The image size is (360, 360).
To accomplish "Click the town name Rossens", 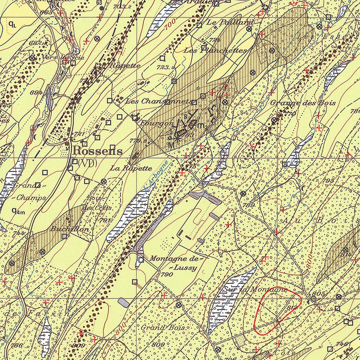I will (x=98, y=152).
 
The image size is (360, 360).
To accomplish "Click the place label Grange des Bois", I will (x=303, y=103).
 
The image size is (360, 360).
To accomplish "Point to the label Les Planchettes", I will (x=215, y=51).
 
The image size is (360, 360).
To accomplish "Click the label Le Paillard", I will (x=230, y=22).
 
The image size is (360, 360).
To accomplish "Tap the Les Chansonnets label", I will (x=158, y=102).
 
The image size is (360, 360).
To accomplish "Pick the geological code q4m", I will (x=18, y=211).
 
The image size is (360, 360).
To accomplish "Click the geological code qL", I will (x=12, y=24).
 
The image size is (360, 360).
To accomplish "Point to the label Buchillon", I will (x=69, y=229).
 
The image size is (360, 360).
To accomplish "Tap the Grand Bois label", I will (x=162, y=328).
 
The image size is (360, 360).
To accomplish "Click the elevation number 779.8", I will (x=137, y=141).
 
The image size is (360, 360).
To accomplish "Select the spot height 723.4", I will (x=167, y=66).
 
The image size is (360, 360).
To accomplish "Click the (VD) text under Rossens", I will (x=88, y=163).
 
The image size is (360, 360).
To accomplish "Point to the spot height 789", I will (x=248, y=205).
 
